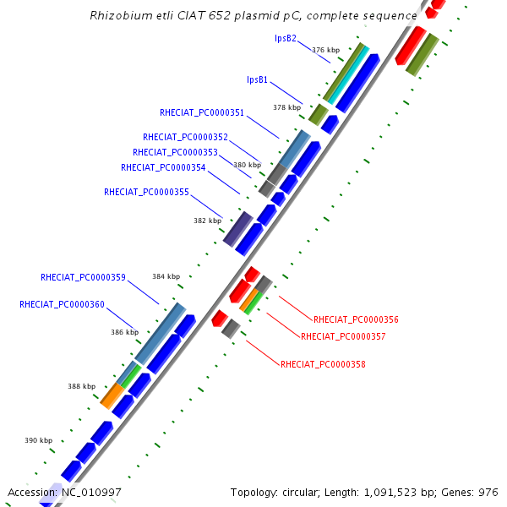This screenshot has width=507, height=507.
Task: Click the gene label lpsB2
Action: click(x=286, y=38)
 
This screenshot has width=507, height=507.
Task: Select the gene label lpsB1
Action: click(x=258, y=79)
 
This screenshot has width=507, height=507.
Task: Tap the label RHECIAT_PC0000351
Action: click(x=202, y=112)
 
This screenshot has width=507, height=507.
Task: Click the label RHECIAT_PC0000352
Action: click(x=185, y=137)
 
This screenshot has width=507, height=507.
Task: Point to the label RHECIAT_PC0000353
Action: click(x=175, y=152)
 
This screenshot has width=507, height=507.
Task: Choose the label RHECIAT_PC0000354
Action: click(x=163, y=167)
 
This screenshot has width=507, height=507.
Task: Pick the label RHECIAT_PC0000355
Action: click(x=146, y=192)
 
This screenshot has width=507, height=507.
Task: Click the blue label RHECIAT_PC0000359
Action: click(x=83, y=277)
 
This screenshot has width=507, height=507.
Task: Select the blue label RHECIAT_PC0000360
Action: click(x=62, y=304)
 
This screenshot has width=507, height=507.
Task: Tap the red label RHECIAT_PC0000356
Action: click(x=356, y=320)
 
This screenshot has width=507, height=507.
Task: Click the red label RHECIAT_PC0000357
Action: click(x=343, y=336)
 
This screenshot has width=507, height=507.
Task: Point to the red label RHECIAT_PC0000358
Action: click(x=323, y=365)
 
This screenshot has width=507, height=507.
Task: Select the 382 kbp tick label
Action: click(x=207, y=221)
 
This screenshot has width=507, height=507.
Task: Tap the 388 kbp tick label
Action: click(x=82, y=386)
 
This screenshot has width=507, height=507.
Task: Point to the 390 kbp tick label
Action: click(x=38, y=440)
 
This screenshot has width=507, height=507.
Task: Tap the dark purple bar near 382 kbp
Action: click(x=238, y=228)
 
